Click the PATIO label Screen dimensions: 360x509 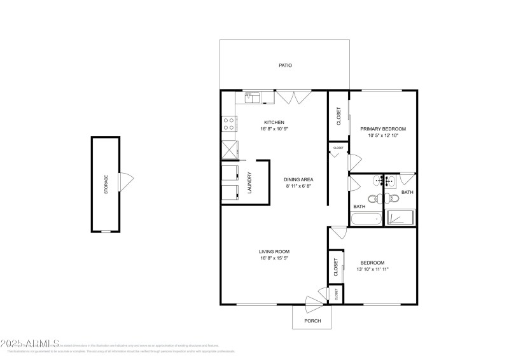click(285, 65)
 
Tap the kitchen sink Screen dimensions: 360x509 click(250, 97)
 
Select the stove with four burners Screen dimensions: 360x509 click(228, 123)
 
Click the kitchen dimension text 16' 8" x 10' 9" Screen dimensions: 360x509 click(274, 129)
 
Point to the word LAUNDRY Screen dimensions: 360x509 click(249, 183)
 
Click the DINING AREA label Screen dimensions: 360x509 click(298, 179)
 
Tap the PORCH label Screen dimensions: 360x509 click(312, 321)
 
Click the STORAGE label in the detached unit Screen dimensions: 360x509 click(106, 184)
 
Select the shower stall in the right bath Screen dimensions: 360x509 click(401, 218)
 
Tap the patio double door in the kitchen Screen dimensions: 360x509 click(293, 97)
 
